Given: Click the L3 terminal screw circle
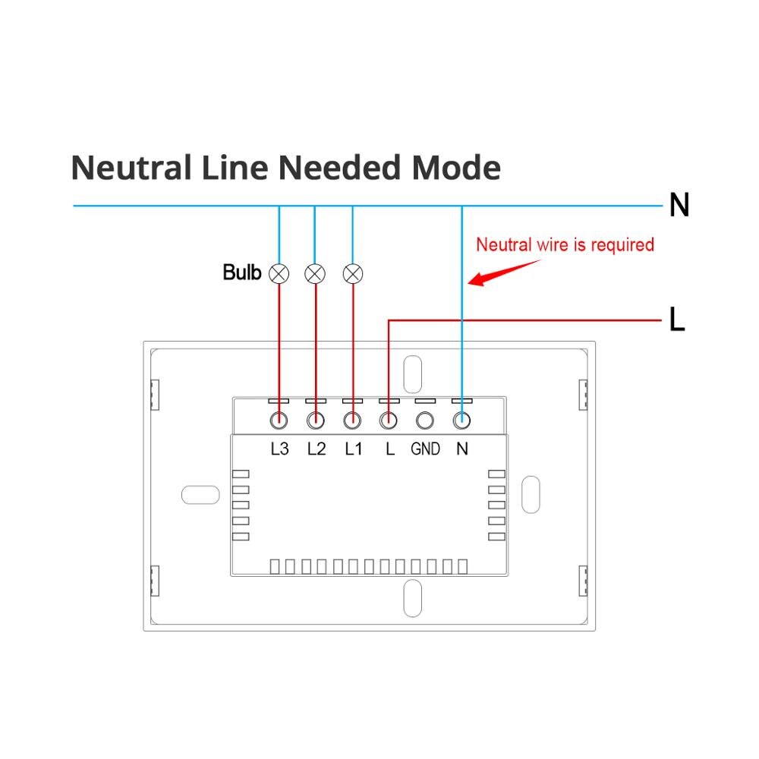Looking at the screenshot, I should (279, 420).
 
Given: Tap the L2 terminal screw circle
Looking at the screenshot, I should (315, 420).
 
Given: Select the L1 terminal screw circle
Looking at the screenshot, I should (351, 420).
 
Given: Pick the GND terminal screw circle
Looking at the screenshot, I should (425, 420).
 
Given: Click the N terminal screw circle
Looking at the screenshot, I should (461, 420).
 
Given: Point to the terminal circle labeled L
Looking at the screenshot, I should (389, 420).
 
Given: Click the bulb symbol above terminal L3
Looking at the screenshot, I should (279, 273).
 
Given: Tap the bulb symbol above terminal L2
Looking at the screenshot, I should (315, 273).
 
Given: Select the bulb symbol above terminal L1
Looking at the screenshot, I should (352, 273).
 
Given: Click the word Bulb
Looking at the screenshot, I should (241, 272).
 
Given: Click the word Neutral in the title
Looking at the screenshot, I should (131, 167).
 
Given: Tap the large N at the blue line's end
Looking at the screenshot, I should (679, 205).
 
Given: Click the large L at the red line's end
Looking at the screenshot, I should (677, 320).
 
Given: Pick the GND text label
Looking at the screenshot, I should (425, 449).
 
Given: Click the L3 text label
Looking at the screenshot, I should (279, 449).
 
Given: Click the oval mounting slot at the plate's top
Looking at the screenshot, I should (413, 373).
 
